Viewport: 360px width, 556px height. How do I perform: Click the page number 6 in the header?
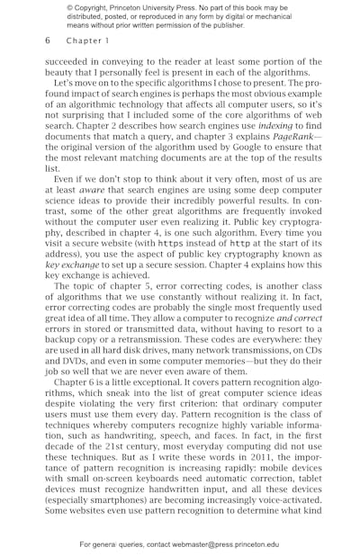[x=47, y=40]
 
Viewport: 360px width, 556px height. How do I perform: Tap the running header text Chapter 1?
[x=86, y=40]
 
